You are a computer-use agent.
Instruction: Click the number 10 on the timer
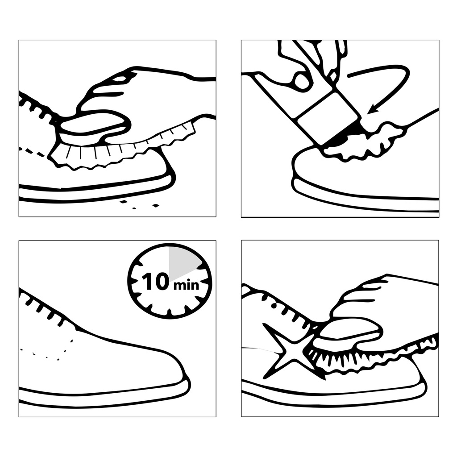click(155, 281)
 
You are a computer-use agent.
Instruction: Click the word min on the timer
click(186, 285)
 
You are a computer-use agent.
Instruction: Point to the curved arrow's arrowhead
click(374, 109)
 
